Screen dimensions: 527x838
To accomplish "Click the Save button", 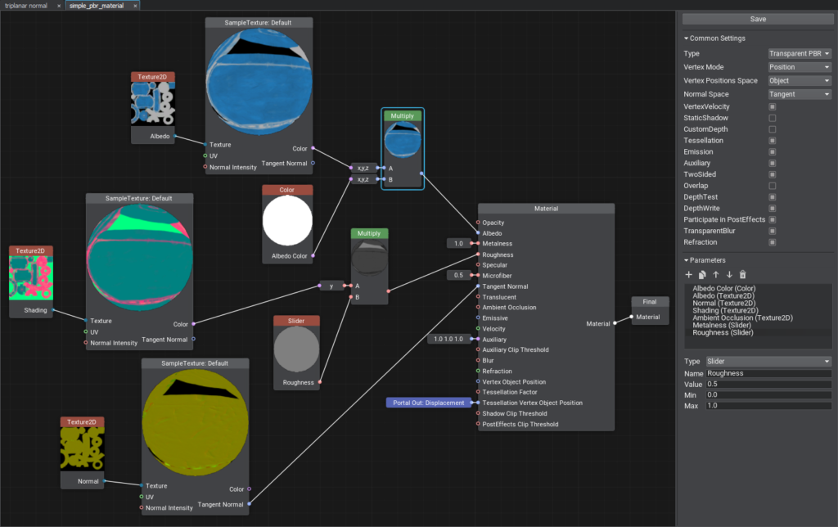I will [758, 19].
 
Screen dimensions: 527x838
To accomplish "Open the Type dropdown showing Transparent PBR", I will [800, 53].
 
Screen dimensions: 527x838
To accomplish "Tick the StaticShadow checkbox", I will [772, 118].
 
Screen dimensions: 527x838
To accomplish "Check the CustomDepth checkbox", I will [772, 129].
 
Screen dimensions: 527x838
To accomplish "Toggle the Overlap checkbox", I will [772, 186].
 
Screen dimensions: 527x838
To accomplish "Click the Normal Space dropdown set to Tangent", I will [800, 94].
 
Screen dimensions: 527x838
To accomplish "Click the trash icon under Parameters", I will [742, 274].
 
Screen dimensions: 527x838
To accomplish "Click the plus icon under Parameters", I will [688, 274].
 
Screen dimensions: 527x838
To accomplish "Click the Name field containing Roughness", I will [768, 373].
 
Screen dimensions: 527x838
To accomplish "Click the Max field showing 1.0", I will [768, 406].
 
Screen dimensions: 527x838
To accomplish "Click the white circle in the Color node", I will [287, 221].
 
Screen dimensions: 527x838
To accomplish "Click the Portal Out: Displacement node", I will [429, 403].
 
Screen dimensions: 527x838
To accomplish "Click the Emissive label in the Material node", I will [495, 318].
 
